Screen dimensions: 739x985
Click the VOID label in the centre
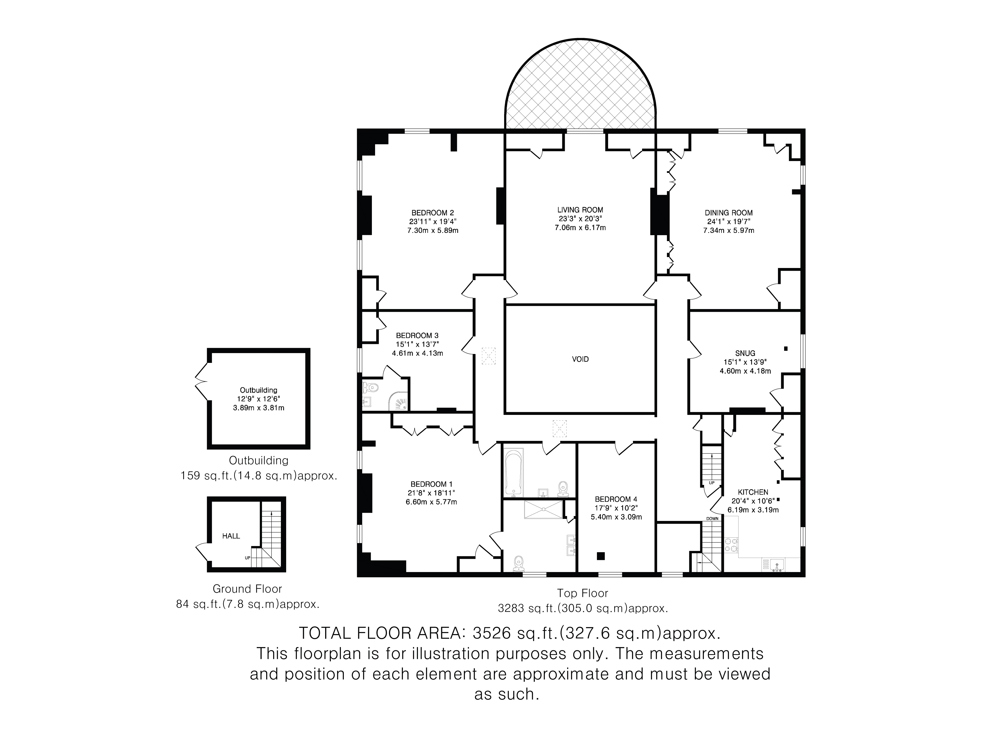click(580, 359)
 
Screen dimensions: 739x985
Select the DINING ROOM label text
click(728, 213)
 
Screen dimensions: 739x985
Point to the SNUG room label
click(745, 353)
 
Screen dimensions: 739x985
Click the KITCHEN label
click(753, 492)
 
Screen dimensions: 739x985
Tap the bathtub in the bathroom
click(514, 472)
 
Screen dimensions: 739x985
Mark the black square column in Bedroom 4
click(601, 556)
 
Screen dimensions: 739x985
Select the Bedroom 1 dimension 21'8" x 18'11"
click(431, 493)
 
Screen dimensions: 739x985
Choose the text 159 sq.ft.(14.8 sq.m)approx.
click(259, 476)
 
